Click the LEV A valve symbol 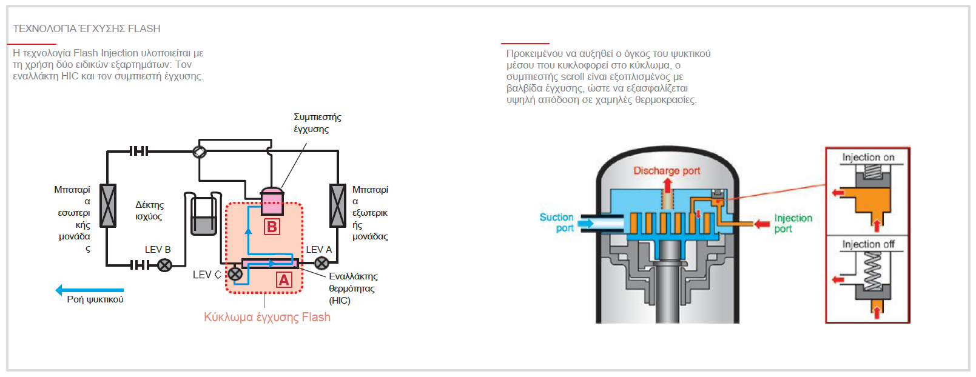click(x=321, y=263)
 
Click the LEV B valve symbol click(x=164, y=265)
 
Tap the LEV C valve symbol click(x=235, y=274)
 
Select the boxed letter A click(x=284, y=280)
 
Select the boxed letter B click(x=272, y=227)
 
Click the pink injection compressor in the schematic click(x=272, y=201)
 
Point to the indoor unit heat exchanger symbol click(x=107, y=205)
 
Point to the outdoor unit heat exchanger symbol click(x=337, y=205)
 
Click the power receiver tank click(x=203, y=213)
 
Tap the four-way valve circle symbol click(x=200, y=152)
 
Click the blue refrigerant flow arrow click(x=90, y=290)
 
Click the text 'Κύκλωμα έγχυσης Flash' click(x=267, y=317)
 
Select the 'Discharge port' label click(x=667, y=171)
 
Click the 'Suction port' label click(x=556, y=222)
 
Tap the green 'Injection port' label click(x=793, y=223)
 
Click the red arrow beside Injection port click(x=762, y=224)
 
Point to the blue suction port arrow click(x=586, y=223)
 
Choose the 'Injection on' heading click(x=868, y=157)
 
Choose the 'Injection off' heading click(x=868, y=244)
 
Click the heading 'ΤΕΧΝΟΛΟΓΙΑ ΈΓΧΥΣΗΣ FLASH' click(x=87, y=28)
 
